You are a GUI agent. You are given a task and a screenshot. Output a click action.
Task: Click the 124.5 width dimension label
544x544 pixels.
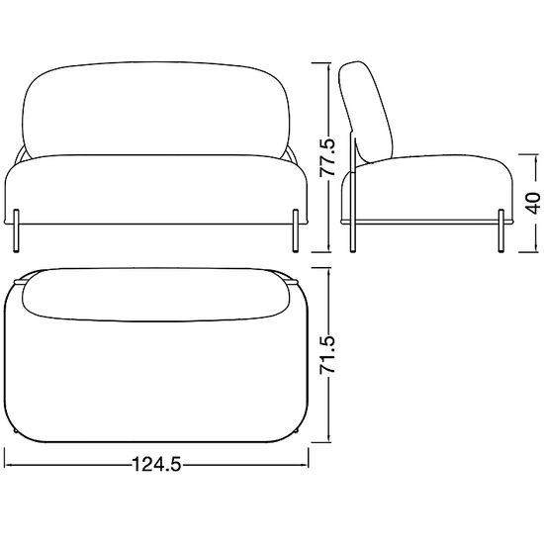point(157,464)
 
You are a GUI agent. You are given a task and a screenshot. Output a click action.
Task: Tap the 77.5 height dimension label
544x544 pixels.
point(327,157)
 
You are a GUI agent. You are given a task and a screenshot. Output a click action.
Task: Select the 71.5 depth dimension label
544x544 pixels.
point(327,354)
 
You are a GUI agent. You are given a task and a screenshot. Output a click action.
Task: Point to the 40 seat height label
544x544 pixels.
point(532,203)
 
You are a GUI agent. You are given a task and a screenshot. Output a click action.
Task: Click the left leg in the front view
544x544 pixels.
point(16,230)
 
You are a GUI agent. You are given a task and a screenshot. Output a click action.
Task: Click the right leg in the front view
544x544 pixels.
point(296,230)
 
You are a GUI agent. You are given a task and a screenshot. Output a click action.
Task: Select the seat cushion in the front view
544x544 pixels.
point(156,189)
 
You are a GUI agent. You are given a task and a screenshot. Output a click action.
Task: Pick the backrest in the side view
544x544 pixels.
point(366,111)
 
